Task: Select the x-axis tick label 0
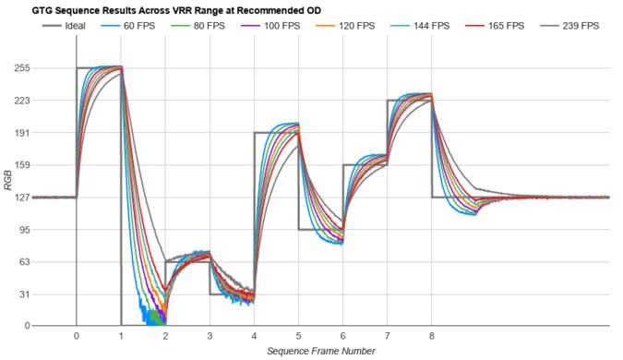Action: (x=77, y=337)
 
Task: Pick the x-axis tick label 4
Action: (x=254, y=337)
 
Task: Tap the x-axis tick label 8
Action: (x=431, y=337)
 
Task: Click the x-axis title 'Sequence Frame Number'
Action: (x=320, y=351)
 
